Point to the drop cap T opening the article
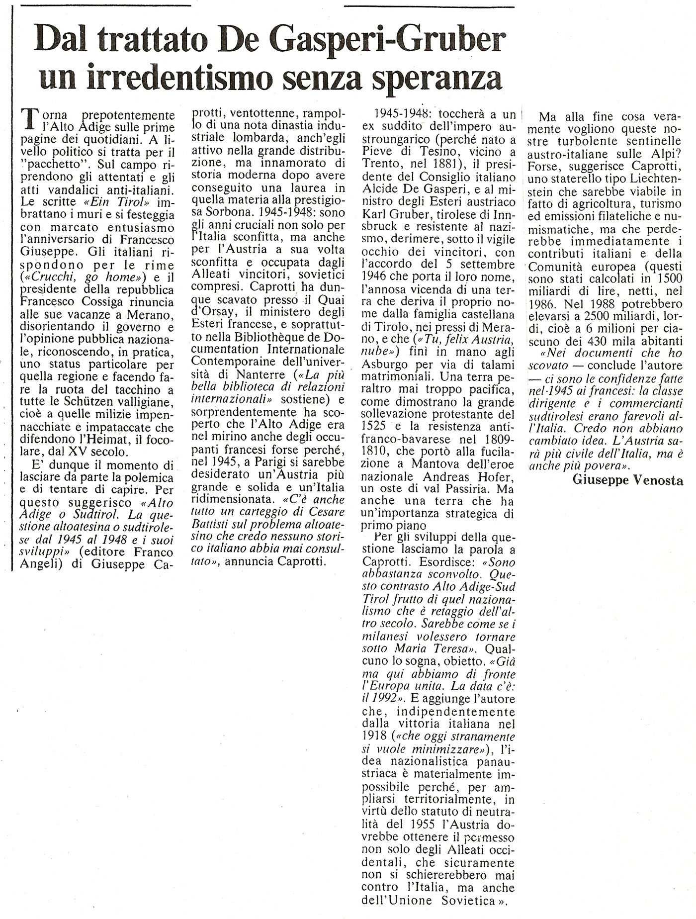pos(30,120)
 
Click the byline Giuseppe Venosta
pos(627,480)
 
